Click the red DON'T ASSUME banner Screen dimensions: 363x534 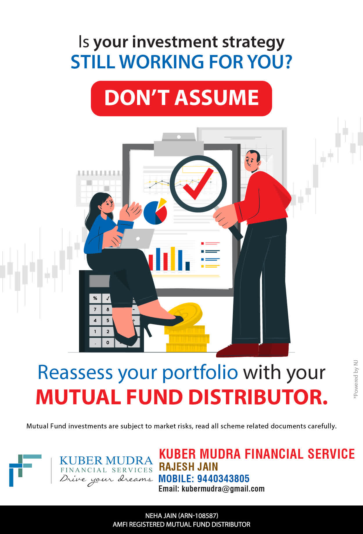coord(181,98)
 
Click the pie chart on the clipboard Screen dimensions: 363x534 coord(156,211)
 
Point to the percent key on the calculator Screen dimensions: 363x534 coord(95,298)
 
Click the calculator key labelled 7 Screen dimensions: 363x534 coord(95,309)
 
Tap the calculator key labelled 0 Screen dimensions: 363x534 coord(108,342)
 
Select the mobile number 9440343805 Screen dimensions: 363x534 coord(223,478)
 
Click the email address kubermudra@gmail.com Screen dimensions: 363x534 coord(223,489)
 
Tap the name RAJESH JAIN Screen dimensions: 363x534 coord(188,467)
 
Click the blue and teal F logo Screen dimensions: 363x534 coord(25,470)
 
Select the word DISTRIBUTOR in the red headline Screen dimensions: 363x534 coord(258,397)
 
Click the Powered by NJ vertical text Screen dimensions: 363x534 coord(356,380)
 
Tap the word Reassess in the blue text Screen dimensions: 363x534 coord(75,372)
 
